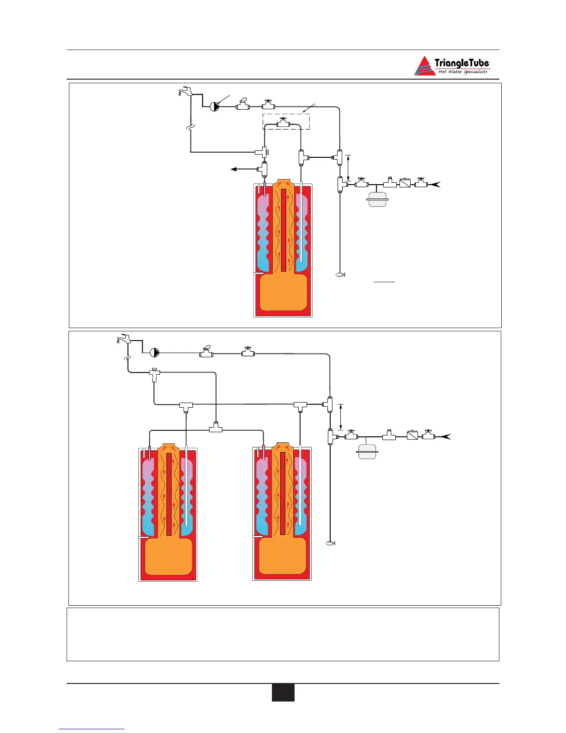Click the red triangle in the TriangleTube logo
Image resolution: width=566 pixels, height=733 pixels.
[x=424, y=67]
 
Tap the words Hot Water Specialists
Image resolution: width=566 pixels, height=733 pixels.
[x=462, y=72]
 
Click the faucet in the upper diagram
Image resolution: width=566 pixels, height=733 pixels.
[x=185, y=91]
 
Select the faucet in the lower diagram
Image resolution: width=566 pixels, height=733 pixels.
[x=123, y=340]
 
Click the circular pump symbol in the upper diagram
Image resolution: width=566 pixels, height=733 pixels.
[x=215, y=107]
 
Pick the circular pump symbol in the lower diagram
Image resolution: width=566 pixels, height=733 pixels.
[x=154, y=353]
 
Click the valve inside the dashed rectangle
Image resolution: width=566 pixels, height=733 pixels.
[x=283, y=123]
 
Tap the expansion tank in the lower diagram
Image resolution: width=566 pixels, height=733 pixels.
[x=368, y=451]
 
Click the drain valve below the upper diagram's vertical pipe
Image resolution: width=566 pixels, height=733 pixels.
[x=340, y=275]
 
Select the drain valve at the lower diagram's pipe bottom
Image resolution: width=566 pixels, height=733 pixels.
[x=330, y=543]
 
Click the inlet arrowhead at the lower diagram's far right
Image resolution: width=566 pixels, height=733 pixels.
[x=446, y=436]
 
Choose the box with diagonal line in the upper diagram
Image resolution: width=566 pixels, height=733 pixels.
[x=405, y=183]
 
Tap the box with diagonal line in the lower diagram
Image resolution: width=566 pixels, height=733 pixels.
[x=412, y=435]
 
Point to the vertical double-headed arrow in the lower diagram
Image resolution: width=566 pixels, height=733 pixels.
[x=341, y=416]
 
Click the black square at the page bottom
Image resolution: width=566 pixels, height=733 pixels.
[x=283, y=693]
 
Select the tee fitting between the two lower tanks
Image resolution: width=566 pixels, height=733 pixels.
[x=215, y=429]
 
